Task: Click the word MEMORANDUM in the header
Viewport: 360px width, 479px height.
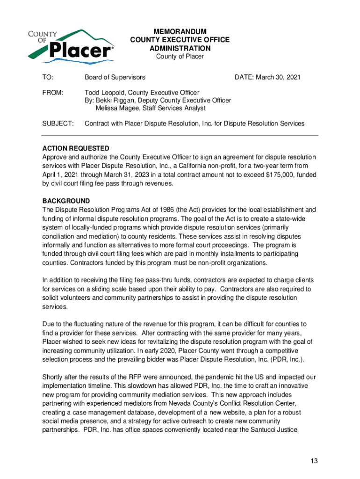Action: (180, 31)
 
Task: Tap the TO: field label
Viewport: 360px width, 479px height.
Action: (48, 77)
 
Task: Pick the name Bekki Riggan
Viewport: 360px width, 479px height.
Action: (114, 101)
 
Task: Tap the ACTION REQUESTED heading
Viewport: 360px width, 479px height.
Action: (76, 148)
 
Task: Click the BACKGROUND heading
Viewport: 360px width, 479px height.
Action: (66, 201)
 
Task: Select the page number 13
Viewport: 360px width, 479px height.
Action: (314, 461)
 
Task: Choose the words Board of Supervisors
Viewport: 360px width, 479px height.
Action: (115, 77)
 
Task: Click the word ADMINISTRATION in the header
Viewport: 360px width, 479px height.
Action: (180, 48)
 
